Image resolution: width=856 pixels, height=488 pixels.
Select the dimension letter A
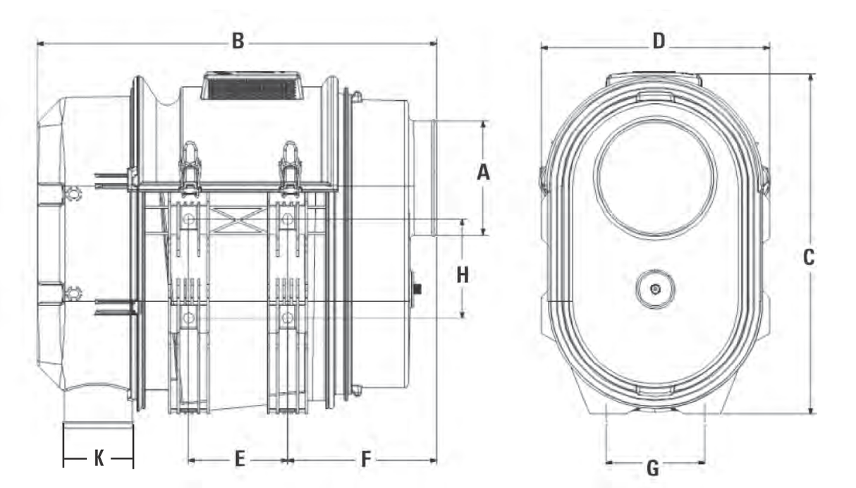[483, 171]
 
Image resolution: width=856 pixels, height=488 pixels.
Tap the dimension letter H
[463, 274]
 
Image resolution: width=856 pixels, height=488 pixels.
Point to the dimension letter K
[99, 460]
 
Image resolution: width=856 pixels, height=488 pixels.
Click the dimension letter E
[239, 460]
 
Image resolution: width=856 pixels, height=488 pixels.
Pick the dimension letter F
[365, 460]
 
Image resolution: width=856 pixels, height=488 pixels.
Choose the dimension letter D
[658, 42]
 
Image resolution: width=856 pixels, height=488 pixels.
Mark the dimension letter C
[809, 257]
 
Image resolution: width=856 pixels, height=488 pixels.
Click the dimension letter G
[653, 467]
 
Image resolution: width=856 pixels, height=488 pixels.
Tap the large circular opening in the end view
[655, 176]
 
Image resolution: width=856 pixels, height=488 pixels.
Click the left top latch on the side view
[189, 168]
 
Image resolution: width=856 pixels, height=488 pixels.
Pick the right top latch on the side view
[290, 168]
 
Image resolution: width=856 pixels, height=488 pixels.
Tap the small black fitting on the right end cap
[417, 289]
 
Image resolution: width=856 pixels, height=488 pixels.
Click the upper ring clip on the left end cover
[72, 192]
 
